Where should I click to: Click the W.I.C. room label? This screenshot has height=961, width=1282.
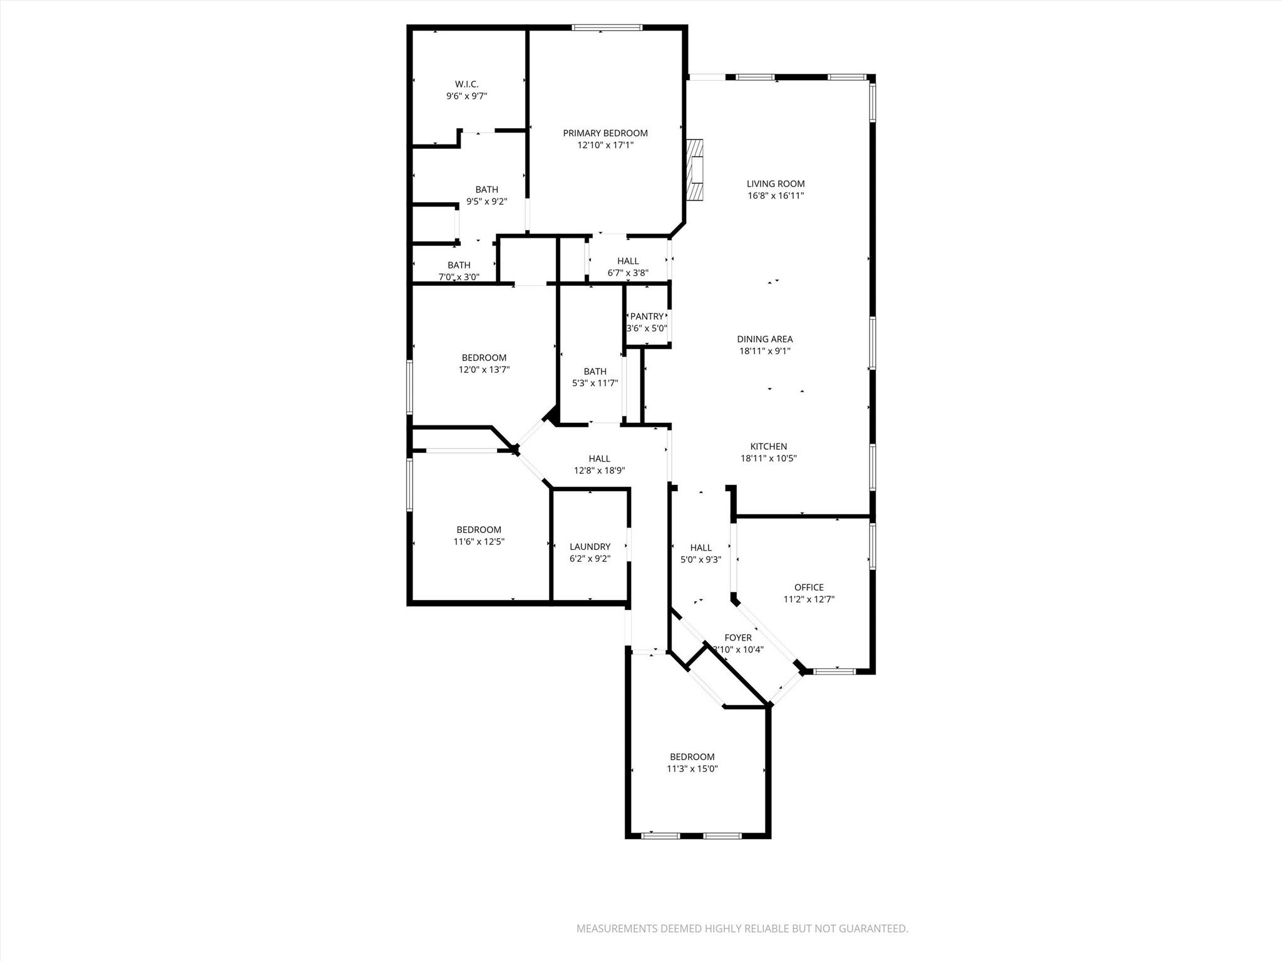click(466, 84)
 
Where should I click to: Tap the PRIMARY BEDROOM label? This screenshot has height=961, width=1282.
click(605, 133)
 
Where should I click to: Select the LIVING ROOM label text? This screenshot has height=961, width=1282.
click(775, 183)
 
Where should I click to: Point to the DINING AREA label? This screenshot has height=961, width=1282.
click(764, 339)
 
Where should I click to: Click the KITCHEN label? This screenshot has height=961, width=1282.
click(768, 446)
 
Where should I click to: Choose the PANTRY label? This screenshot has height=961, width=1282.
click(646, 316)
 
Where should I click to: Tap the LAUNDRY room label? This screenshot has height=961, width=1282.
click(590, 546)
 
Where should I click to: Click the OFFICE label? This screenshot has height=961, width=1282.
click(809, 587)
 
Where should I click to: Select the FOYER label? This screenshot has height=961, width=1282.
click(737, 638)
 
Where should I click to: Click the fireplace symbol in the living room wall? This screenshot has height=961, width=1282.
click(695, 169)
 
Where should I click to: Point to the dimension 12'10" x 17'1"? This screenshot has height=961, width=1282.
click(605, 145)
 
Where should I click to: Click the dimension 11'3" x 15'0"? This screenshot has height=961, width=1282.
click(692, 769)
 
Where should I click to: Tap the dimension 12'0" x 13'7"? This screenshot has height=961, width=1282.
click(484, 370)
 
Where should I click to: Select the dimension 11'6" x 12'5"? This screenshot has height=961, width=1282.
click(478, 542)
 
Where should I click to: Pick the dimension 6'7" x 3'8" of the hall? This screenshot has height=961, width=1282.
click(628, 273)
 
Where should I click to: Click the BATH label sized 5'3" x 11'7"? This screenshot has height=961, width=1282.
click(595, 371)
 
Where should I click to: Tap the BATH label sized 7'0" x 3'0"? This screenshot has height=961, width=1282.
click(458, 265)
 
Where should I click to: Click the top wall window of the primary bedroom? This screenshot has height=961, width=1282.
click(607, 28)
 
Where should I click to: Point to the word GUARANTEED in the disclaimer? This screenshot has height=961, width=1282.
click(873, 929)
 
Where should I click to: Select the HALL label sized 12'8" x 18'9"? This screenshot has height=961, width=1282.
click(599, 459)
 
